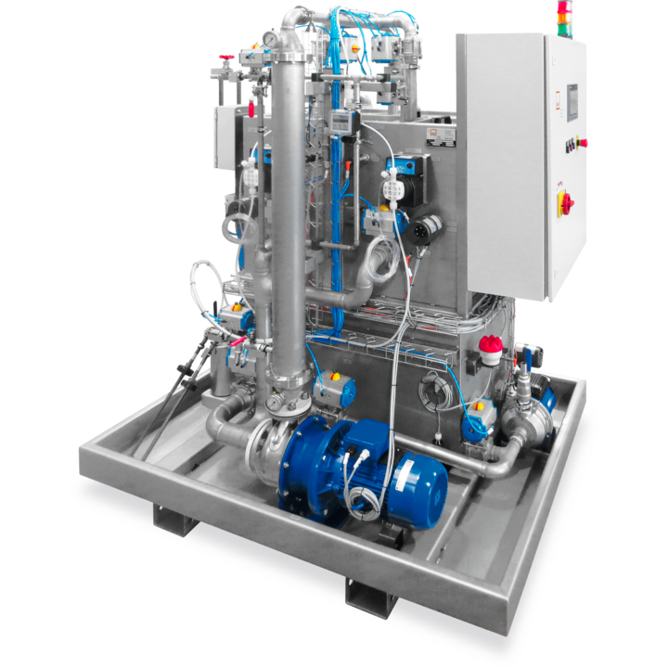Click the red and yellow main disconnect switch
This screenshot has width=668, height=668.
point(565,202)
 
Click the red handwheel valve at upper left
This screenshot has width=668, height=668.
point(226,58)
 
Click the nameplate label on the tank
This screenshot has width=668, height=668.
point(441,135)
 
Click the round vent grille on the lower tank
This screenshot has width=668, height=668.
point(433,388)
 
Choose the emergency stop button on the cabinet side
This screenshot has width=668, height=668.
point(582,143)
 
